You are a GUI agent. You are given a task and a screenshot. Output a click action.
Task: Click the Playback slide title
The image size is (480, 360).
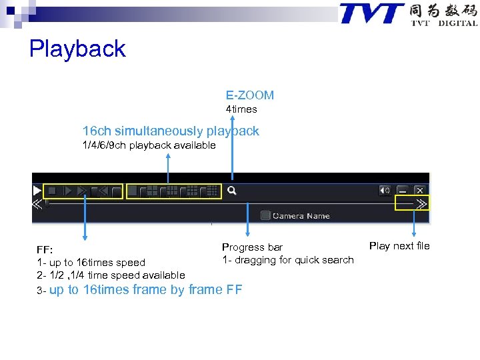coord(77,49)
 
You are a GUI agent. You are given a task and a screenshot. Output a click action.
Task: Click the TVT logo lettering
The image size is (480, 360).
coord(372,13)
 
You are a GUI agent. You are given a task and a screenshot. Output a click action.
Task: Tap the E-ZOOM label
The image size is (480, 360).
coord(249,95)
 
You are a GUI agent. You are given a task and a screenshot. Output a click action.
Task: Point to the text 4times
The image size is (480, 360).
coord(241,109)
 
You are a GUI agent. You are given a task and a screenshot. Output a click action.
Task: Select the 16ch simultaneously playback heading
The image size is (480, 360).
coord(171,131)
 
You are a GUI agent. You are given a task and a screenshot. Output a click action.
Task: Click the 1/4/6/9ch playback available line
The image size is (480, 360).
coord(149,145)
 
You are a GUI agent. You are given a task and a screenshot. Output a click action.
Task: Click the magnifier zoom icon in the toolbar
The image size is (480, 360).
coord(232,191)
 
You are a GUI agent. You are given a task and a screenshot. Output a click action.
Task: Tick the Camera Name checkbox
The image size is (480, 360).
coord(265,215)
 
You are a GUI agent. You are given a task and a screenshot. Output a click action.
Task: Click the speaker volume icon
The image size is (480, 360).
coord(385,191)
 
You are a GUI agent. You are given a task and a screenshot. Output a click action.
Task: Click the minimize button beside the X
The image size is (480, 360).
coord(403,191)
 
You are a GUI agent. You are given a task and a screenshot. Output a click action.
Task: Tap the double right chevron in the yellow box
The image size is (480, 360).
coord(421,204)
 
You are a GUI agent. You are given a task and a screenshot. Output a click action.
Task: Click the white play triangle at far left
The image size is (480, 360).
coord(37,191)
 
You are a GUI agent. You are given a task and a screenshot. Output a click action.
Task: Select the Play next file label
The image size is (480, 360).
coord(399,246)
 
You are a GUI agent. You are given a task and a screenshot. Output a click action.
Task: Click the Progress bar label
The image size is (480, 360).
coord(252,247)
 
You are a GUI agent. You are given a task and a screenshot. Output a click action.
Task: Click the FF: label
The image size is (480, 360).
coord(45,250)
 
